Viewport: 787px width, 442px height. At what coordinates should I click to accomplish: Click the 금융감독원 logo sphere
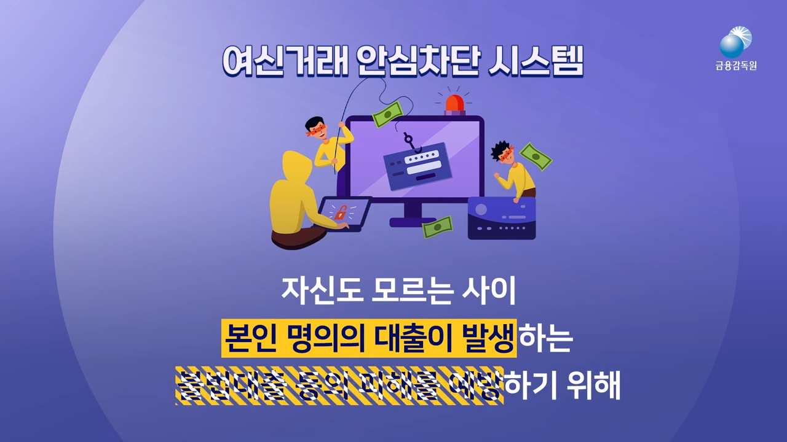coord(733,45)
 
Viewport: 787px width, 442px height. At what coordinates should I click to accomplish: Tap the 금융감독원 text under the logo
coord(736,66)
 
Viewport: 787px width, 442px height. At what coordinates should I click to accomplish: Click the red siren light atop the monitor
coord(456,104)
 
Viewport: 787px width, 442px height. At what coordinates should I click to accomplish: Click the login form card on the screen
coord(418,163)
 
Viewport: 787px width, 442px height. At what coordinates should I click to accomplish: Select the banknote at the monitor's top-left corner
coord(387,113)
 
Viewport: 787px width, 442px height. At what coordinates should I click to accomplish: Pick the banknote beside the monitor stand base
coord(437,227)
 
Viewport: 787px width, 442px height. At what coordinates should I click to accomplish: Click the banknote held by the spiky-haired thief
coord(536,157)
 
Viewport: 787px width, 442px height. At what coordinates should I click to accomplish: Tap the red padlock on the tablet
coord(339,212)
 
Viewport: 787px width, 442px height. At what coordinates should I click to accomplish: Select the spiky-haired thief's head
coord(502,153)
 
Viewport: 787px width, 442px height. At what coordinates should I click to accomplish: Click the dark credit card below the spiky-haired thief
coord(501,218)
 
